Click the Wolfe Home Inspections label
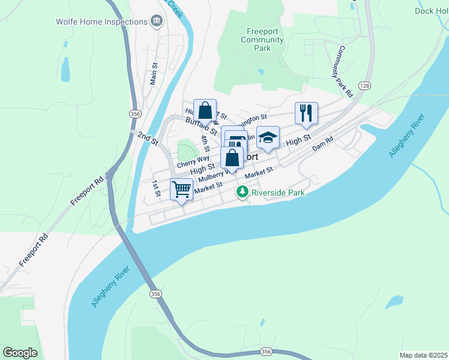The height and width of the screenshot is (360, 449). [x=101, y=22]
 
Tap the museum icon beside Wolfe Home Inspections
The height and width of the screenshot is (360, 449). [x=157, y=22]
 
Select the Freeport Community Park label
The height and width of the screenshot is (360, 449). [x=262, y=40]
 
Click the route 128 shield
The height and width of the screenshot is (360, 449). [x=365, y=86]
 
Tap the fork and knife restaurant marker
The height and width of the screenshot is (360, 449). [x=306, y=112]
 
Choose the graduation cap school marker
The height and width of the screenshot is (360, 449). [x=268, y=137]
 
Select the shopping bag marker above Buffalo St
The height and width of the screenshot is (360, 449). [x=205, y=110]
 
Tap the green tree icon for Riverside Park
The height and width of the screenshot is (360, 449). [x=242, y=193]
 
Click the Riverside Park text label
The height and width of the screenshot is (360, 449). [x=278, y=193]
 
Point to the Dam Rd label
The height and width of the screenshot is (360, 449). [x=322, y=143]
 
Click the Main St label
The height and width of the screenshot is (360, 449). [x=154, y=74]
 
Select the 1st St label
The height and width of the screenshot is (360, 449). [x=156, y=188]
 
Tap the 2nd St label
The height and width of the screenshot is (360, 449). [x=146, y=139]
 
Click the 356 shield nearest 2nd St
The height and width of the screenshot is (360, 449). [x=134, y=113]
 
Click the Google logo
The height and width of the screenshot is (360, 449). [x=20, y=352]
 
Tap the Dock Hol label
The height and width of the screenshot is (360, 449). [x=431, y=11]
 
